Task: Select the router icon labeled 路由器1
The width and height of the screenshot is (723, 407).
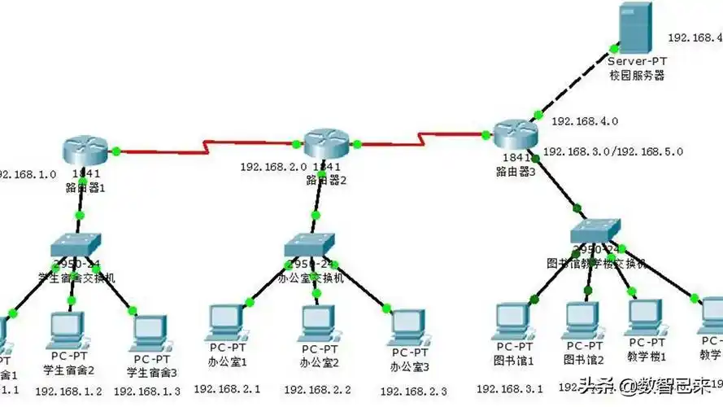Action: pyautogui.click(x=85, y=149)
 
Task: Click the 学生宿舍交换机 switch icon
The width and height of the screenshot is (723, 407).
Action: pyautogui.click(x=76, y=243)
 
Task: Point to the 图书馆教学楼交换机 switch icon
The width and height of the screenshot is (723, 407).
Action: pyautogui.click(x=596, y=231)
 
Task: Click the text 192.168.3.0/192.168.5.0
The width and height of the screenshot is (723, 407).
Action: pyautogui.click(x=612, y=151)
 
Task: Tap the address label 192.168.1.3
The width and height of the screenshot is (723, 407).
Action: pyautogui.click(x=147, y=392)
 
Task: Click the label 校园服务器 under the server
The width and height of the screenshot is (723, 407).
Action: pyautogui.click(x=637, y=75)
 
